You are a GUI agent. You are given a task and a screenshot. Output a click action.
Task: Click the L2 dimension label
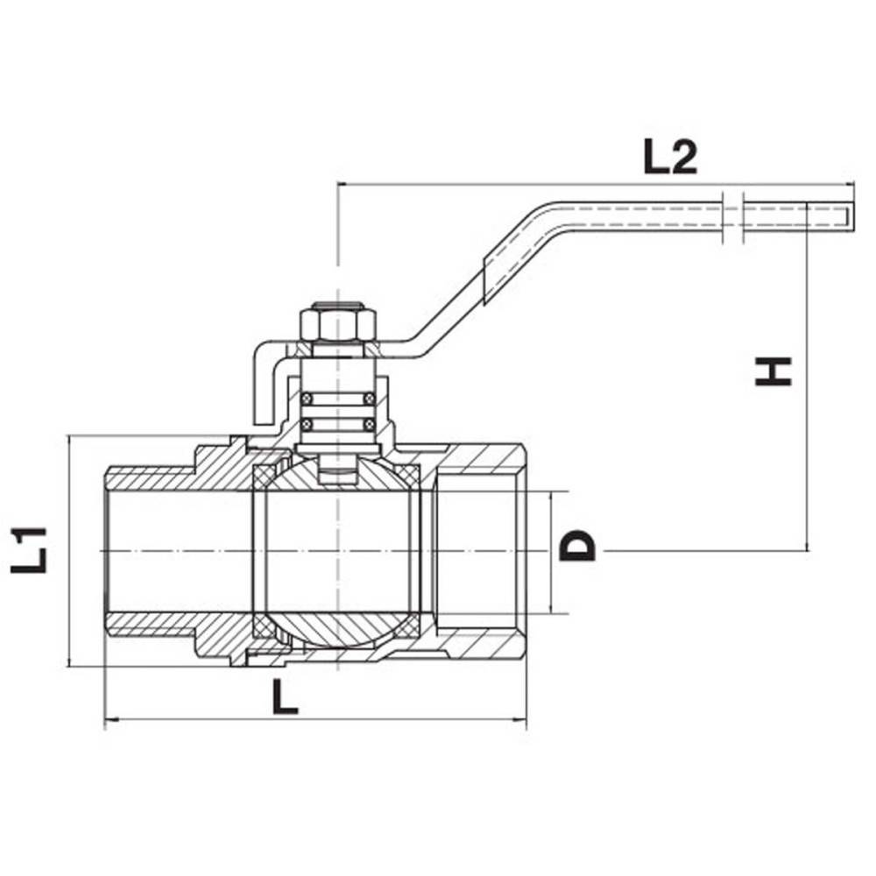(670, 158)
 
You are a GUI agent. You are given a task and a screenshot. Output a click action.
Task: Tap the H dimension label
(774, 371)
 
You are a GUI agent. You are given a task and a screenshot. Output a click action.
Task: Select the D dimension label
(577, 545)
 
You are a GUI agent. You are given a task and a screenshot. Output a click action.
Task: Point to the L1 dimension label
(28, 550)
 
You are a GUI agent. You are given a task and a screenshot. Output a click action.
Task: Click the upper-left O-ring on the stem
(306, 398)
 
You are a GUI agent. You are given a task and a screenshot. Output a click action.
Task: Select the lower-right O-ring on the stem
(369, 425)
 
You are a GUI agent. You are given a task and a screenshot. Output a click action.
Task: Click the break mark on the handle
(733, 218)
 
